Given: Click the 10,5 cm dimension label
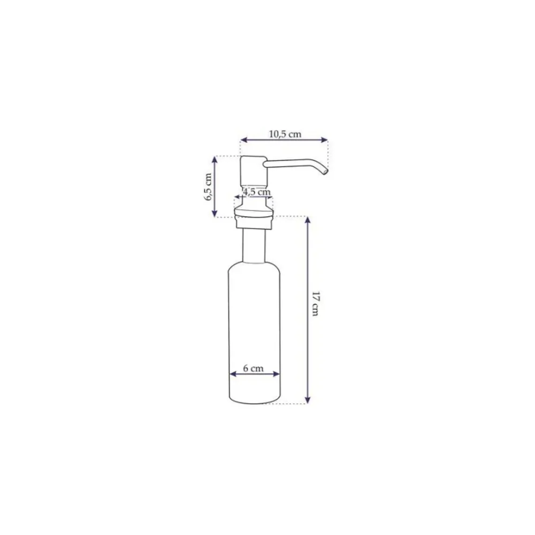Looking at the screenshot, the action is [285, 134].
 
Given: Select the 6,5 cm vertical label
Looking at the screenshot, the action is [209, 187].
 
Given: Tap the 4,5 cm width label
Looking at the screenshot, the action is [257, 192].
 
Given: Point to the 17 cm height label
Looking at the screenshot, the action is [316, 304].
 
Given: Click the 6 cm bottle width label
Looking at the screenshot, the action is [253, 368].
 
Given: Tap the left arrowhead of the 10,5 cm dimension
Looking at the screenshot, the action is [243, 140].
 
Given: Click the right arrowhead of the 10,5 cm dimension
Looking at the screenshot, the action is [325, 140].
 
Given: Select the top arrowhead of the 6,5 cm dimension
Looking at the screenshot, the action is [215, 159].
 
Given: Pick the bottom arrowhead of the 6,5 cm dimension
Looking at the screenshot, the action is [215, 213].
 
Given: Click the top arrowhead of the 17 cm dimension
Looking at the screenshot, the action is [308, 220].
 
